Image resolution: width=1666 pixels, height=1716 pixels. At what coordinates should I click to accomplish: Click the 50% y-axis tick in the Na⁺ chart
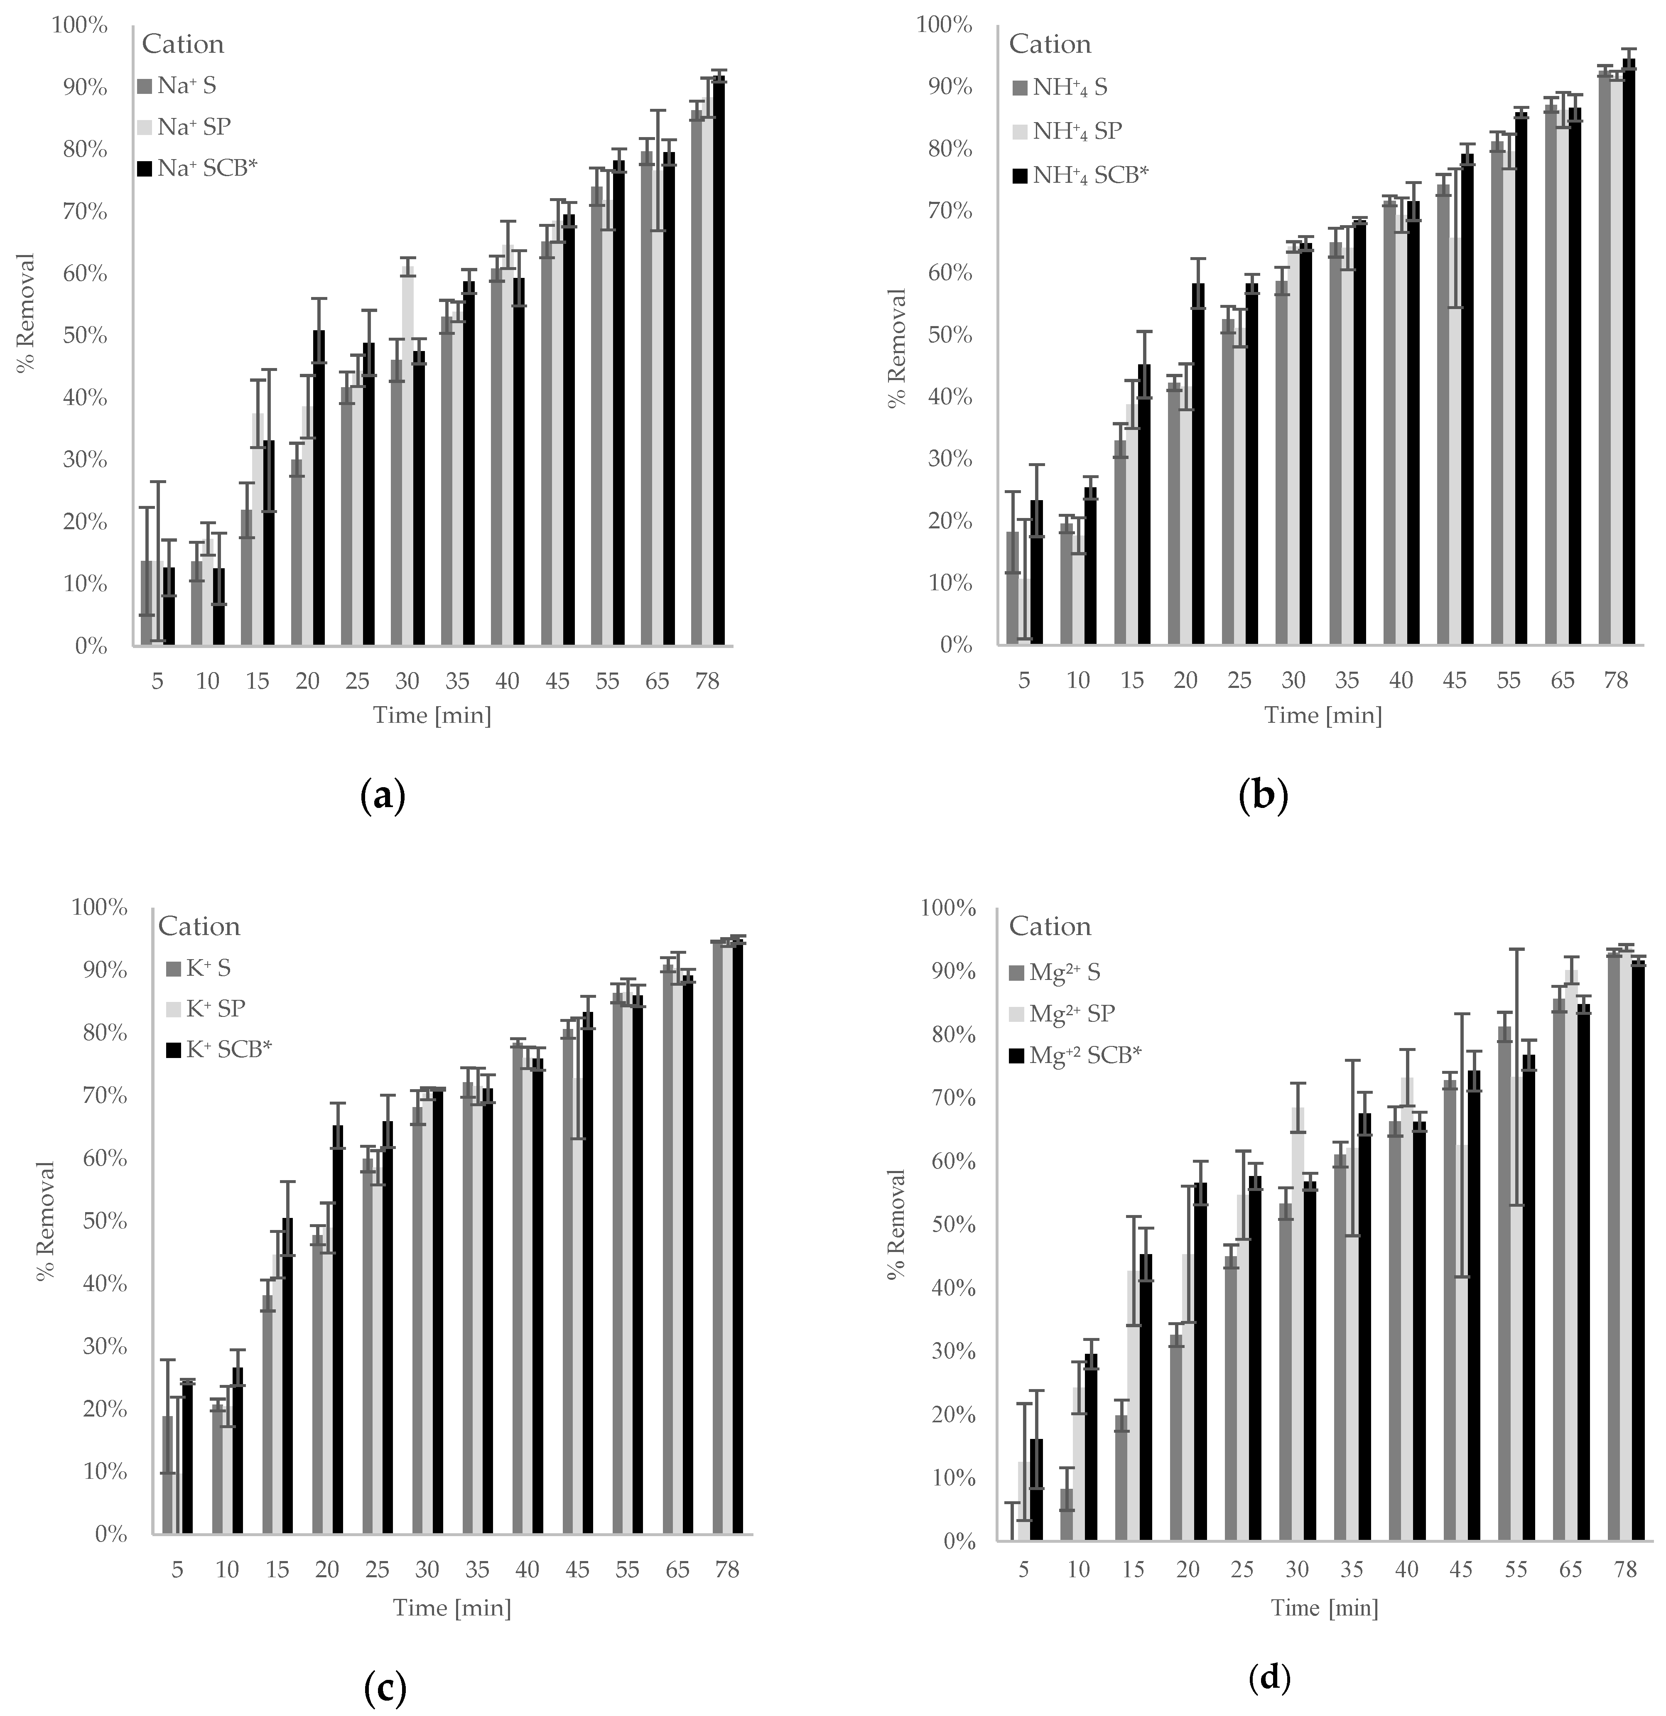point(85,336)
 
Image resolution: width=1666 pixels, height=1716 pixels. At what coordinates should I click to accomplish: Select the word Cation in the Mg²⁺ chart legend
point(1050,926)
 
